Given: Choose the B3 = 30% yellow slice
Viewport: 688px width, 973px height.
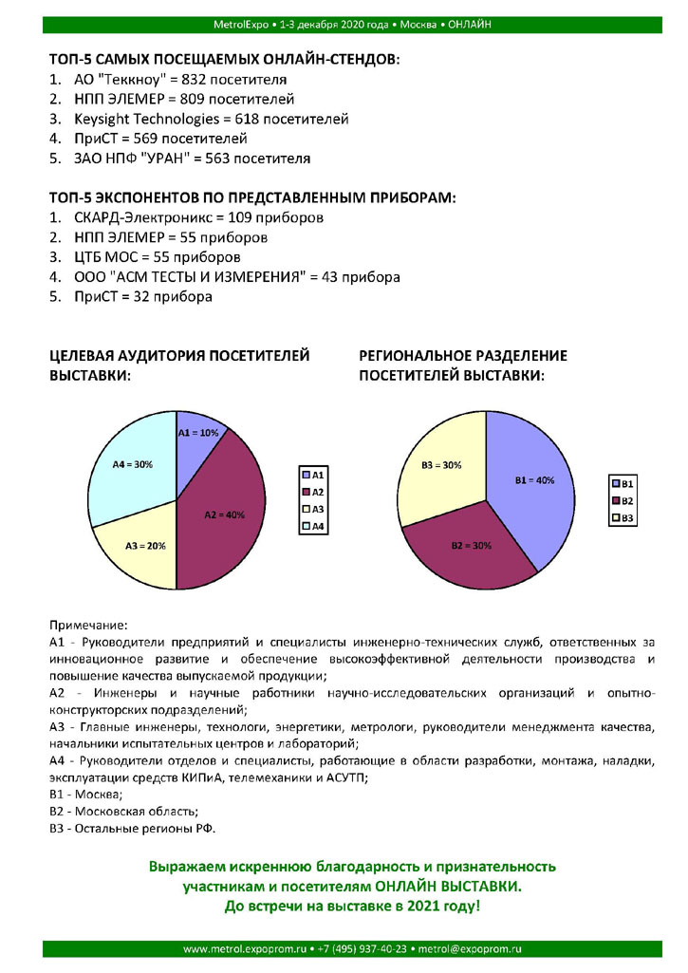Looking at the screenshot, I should coord(440,464).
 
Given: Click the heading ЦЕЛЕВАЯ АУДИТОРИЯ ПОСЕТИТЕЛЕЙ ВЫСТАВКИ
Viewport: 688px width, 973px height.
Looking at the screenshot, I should coord(179,365).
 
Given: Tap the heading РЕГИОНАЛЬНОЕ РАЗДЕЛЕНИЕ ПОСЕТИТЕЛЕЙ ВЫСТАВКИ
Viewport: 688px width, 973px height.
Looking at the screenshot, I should coord(462,365).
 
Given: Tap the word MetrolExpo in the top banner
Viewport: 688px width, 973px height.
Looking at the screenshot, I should coord(243,23).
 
